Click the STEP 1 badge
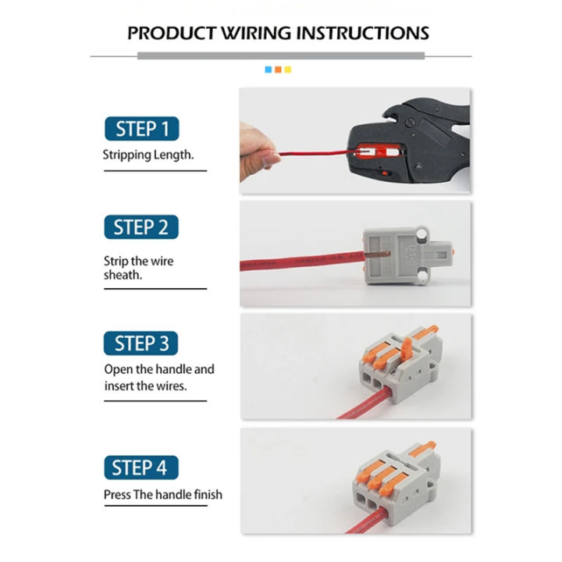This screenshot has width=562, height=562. click(x=141, y=128)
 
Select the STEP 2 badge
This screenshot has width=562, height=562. click(x=141, y=227)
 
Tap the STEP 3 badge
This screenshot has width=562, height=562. click(x=141, y=343)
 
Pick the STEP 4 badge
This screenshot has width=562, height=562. click(x=141, y=468)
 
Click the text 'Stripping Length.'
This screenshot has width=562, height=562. click(x=148, y=155)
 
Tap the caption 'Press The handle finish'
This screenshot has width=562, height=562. click(x=162, y=494)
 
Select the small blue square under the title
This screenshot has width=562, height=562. click(x=269, y=69)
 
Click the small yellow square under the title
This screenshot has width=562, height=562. click(x=287, y=69)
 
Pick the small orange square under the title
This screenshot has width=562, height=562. click(x=278, y=69)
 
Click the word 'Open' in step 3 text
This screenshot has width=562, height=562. click(x=118, y=368)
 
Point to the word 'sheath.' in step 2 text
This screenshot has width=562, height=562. click(x=123, y=276)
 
